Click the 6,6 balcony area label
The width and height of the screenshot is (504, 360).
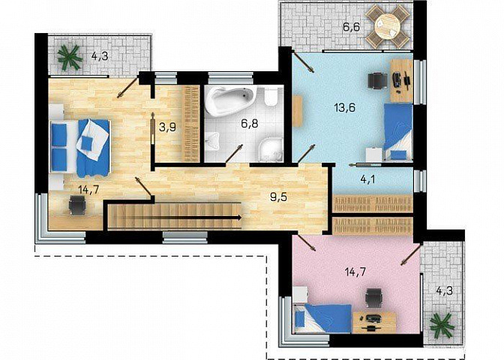351,27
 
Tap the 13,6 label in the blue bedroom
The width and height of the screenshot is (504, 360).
344,107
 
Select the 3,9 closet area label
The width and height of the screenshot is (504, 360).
167,127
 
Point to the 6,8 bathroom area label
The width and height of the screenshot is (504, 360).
250,123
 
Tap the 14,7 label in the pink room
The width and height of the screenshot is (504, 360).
355,272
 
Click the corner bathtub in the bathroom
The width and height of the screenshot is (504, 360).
229,100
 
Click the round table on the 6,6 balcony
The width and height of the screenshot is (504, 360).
388,27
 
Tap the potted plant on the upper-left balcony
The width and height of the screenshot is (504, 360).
70,58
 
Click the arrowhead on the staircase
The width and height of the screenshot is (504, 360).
238,217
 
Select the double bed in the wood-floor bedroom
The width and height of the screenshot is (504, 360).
79,148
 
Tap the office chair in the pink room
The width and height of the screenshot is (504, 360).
374,297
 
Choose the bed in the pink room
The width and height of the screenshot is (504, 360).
322,319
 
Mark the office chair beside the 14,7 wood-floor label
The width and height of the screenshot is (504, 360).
77,205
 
